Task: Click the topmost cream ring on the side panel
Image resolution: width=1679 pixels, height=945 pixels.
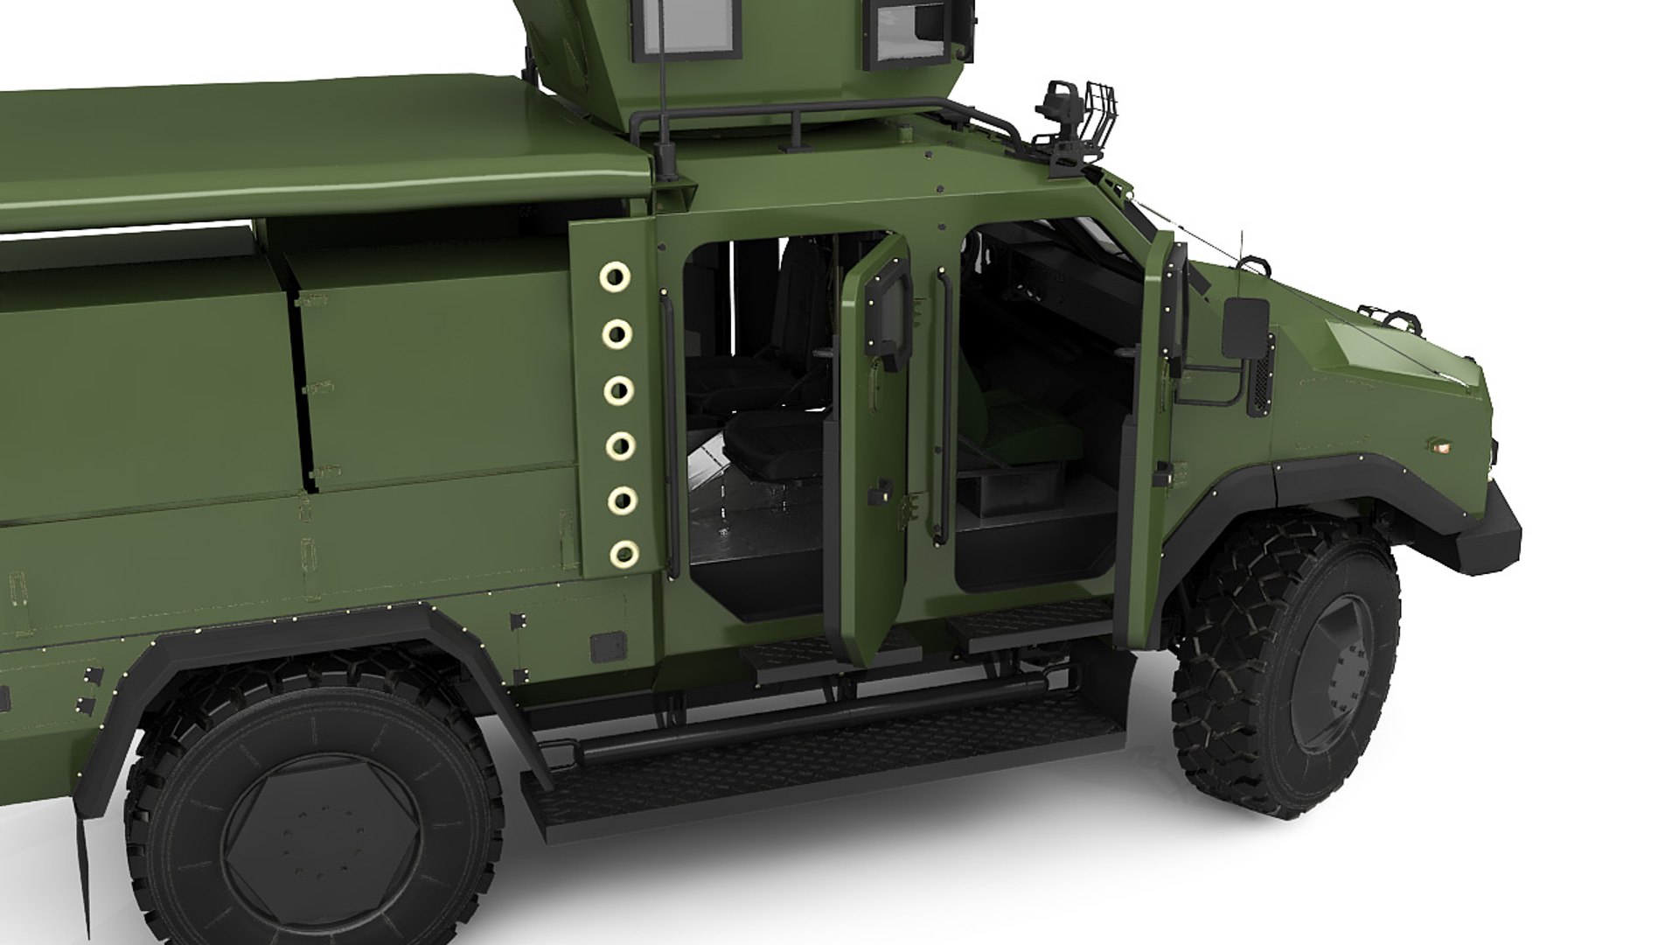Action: click(x=616, y=276)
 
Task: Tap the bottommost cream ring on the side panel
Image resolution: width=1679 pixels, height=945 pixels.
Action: click(x=623, y=553)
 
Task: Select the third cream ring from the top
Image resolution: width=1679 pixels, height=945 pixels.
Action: click(x=619, y=389)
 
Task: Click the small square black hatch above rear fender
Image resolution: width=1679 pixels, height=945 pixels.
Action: click(x=608, y=647)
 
